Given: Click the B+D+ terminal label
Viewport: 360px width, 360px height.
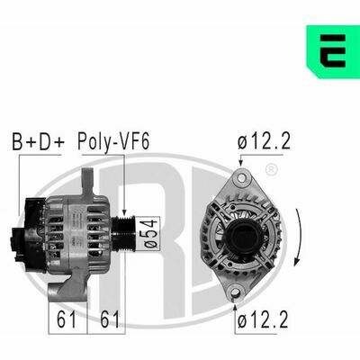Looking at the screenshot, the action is [x=38, y=141].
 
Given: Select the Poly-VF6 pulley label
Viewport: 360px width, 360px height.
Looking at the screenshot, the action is [x=113, y=141].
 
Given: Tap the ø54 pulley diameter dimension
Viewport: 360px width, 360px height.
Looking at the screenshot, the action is [x=150, y=233].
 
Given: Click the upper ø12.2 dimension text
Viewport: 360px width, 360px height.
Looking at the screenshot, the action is [x=264, y=141].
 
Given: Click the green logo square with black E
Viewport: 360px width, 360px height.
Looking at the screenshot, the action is [x=333, y=52].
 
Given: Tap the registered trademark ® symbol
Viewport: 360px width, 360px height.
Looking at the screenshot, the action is [x=272, y=170].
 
